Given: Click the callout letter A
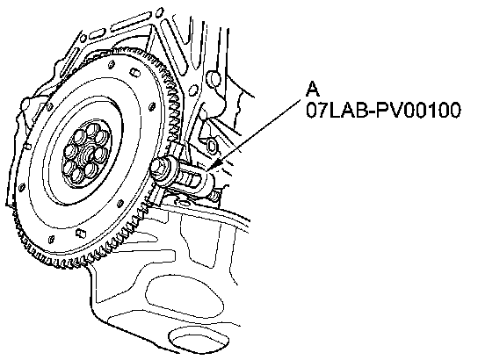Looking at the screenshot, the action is (313, 89).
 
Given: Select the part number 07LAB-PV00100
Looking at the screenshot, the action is (383, 110).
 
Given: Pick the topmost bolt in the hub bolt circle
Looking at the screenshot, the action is (91, 130).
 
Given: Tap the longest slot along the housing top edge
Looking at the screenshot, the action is (131, 21).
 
